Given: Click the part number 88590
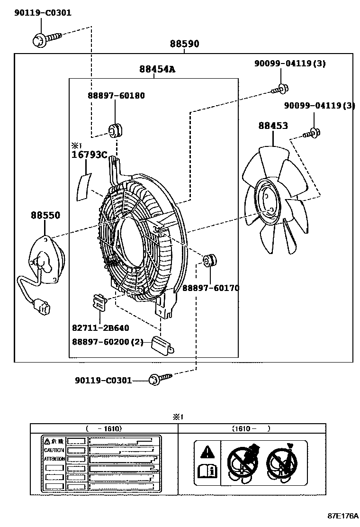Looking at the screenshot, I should click(x=185, y=44).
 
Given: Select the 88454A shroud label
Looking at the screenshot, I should click(x=157, y=69).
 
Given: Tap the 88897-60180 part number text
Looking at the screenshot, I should click(x=116, y=96).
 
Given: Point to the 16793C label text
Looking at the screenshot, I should click(x=90, y=154).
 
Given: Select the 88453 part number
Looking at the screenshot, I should click(x=273, y=126).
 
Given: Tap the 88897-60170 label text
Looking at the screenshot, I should click(x=211, y=288).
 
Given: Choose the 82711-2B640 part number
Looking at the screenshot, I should click(x=100, y=327).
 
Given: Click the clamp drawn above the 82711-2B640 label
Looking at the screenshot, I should click(x=99, y=301).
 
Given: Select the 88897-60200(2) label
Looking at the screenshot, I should click(x=108, y=341).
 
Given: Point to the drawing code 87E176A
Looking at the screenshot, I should click(x=342, y=515).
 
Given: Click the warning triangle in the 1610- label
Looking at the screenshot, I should click(x=207, y=451).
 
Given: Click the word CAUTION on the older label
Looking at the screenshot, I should click(x=54, y=450).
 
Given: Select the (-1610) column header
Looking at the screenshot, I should click(x=104, y=428).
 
